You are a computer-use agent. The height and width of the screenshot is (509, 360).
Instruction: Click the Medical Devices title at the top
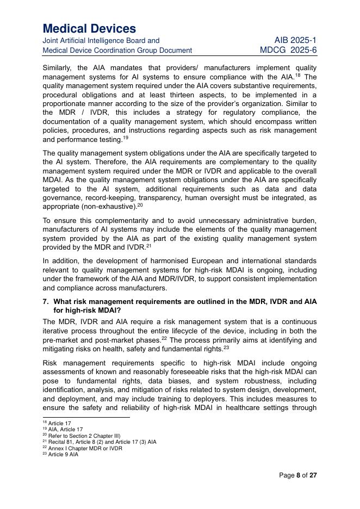tap(89, 28)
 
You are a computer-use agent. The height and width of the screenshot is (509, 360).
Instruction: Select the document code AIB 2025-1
tap(295, 40)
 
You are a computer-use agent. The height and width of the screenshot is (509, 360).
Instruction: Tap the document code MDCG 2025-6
tap(288, 50)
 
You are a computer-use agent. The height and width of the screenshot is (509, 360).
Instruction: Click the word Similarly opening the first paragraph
tap(60, 68)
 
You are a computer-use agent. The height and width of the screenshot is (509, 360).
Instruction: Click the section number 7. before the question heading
tap(46, 302)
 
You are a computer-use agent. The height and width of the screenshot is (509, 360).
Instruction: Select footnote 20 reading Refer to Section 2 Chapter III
tap(81, 436)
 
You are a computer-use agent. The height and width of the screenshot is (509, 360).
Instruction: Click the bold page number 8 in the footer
tap(298, 475)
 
